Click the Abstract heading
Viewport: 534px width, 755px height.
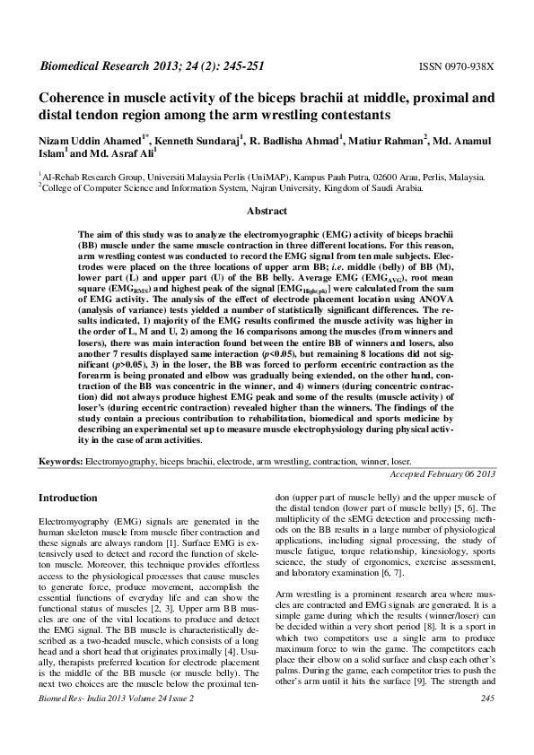coord(267,212)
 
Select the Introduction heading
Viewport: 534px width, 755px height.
coord(68,498)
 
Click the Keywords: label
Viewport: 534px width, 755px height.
coord(60,460)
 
